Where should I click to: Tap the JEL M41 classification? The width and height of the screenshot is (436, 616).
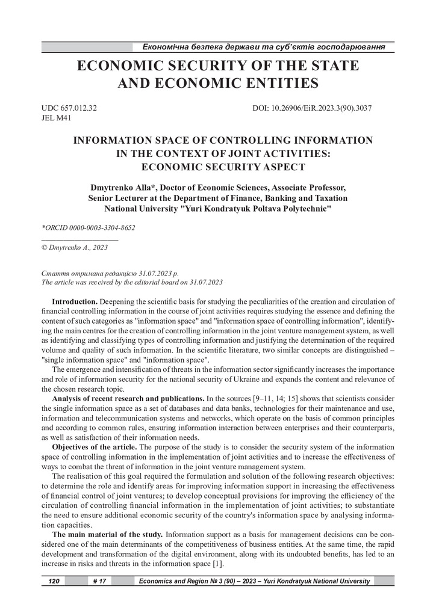tap(56, 119)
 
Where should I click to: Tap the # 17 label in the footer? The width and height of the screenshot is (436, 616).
tap(100, 581)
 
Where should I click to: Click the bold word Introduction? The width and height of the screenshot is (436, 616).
tap(75, 301)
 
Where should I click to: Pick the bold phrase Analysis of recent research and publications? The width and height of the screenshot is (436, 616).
tap(128, 399)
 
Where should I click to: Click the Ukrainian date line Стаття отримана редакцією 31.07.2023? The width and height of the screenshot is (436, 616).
tap(106, 273)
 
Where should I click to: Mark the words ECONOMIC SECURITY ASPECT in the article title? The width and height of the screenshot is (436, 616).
tap(222, 167)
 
